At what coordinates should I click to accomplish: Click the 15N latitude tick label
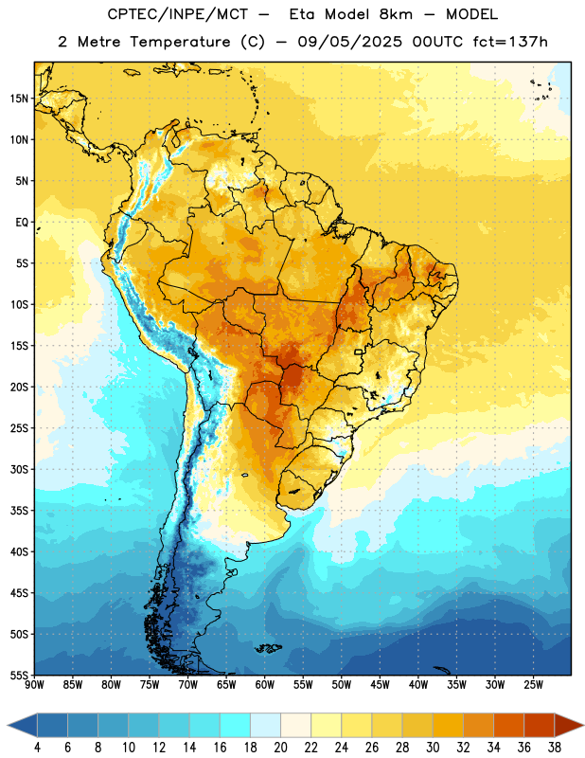click(x=19, y=99)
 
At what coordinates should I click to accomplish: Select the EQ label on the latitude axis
click(x=22, y=223)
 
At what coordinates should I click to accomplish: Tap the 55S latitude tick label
click(x=19, y=675)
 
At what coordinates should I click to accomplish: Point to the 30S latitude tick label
click(x=19, y=469)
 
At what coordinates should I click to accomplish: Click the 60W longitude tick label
click(x=265, y=684)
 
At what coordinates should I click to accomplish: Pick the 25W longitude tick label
click(x=533, y=684)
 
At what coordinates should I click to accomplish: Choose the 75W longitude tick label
click(x=150, y=684)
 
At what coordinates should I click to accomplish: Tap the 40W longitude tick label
click(x=418, y=684)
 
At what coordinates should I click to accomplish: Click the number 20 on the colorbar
click(x=280, y=748)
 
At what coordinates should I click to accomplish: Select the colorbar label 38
click(x=555, y=748)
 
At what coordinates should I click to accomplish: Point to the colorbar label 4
click(x=37, y=748)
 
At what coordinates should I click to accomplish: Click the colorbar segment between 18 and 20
click(x=266, y=725)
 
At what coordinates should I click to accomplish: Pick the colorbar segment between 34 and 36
click(x=509, y=725)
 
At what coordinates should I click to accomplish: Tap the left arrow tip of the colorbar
click(x=8, y=725)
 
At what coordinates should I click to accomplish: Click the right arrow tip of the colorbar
click(x=584, y=725)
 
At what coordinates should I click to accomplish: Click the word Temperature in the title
click(x=180, y=42)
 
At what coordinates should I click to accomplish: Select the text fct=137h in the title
click(x=510, y=42)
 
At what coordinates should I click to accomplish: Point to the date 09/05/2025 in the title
click(x=349, y=42)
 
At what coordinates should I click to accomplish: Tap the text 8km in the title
click(x=396, y=14)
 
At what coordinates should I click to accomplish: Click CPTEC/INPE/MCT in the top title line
click(x=178, y=15)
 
